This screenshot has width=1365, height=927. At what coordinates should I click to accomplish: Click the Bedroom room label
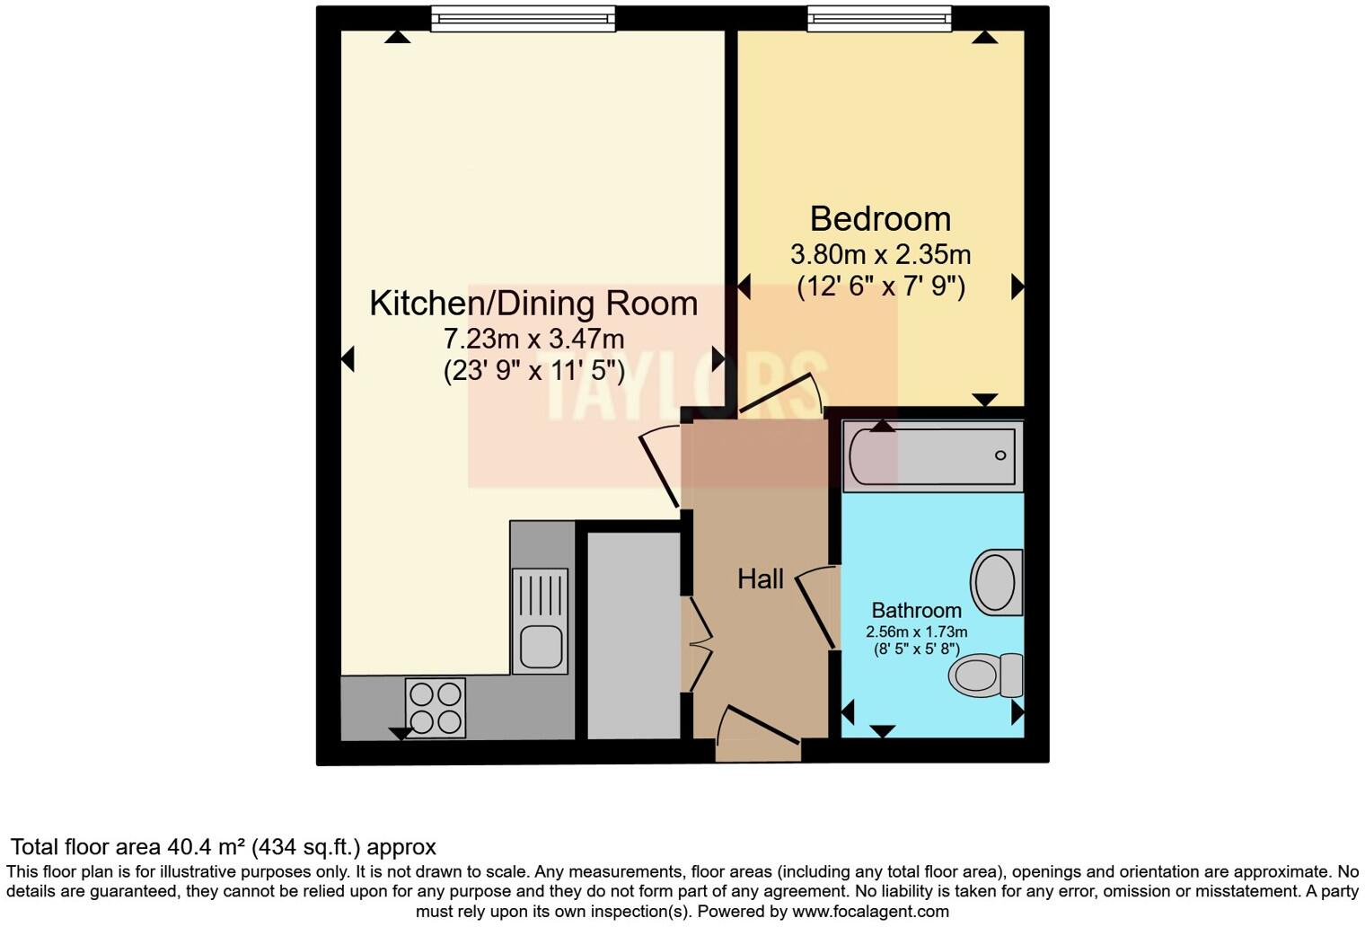coord(879,219)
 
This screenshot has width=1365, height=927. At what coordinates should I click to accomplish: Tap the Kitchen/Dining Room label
coord(533,304)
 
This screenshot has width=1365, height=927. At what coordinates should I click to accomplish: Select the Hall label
coord(760,579)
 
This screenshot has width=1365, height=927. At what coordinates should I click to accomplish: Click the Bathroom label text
coord(916,611)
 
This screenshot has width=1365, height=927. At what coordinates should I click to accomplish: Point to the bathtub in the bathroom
coord(933,456)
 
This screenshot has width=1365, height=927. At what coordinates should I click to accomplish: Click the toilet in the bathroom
coord(986,675)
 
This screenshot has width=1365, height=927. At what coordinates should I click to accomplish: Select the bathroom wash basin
coord(996,582)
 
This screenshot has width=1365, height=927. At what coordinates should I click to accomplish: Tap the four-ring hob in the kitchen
coord(436,707)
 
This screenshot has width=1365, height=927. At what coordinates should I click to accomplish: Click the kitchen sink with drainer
coord(540,620)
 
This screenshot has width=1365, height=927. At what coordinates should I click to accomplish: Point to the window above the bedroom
coord(878,18)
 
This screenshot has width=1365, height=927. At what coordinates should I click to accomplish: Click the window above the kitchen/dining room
coord(523,18)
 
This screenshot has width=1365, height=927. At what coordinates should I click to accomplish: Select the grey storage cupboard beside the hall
coord(633,634)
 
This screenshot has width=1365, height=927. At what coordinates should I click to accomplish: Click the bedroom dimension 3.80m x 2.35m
coord(879,254)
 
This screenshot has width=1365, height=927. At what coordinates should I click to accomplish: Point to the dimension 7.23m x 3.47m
coord(533,340)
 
